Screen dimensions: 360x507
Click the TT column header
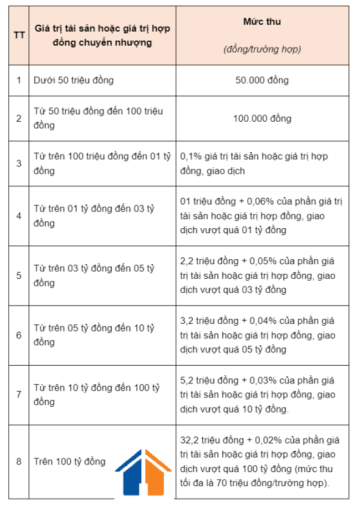[x=19, y=35]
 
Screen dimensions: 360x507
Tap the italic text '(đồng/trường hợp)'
[x=262, y=49]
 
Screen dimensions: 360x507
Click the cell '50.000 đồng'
[x=262, y=80]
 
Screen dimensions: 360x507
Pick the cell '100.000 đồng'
[x=262, y=119]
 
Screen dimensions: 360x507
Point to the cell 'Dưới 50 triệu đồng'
[x=74, y=80]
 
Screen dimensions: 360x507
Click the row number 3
[x=19, y=164]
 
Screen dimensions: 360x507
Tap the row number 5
[x=19, y=276]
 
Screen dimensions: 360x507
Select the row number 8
[x=19, y=461]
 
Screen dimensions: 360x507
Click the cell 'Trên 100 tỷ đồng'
[x=70, y=461]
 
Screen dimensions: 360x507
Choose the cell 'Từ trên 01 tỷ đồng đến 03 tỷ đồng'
[x=94, y=215]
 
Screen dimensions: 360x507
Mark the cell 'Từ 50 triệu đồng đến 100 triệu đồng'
[x=98, y=119]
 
